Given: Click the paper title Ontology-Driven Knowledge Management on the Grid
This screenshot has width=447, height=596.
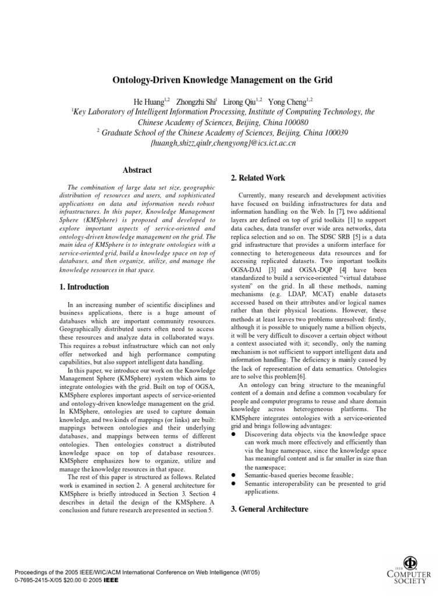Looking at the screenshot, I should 223,79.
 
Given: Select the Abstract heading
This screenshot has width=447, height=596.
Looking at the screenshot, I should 137,170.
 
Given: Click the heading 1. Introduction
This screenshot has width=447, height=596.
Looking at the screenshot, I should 84,287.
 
